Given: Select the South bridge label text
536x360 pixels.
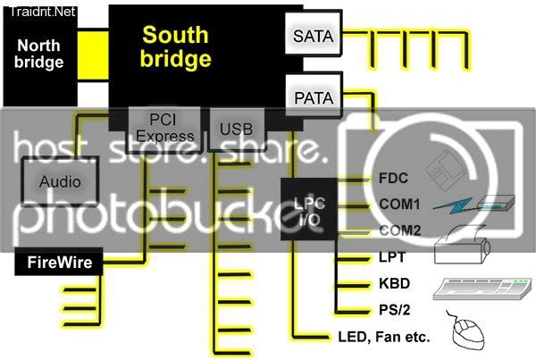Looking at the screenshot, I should click(x=177, y=47).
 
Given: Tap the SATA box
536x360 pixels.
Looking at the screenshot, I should click(x=312, y=38).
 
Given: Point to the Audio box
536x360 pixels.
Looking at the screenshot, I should click(x=61, y=181).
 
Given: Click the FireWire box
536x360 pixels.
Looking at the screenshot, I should click(x=60, y=263).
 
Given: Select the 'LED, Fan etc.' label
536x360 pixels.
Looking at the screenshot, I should click(x=384, y=338).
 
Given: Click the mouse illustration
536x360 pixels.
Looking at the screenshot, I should click(x=474, y=335).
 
